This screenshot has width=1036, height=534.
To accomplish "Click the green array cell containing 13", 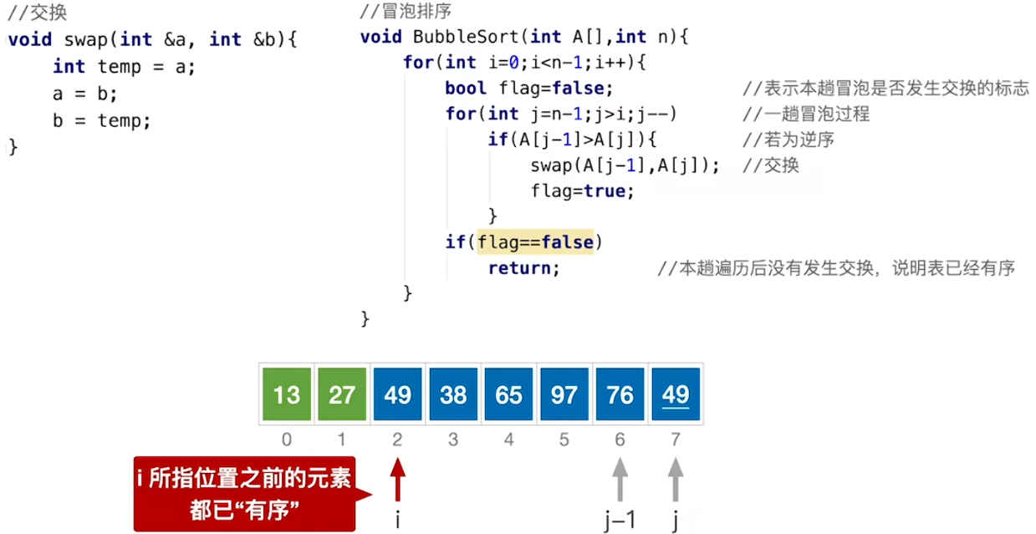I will pyautogui.click(x=286, y=394).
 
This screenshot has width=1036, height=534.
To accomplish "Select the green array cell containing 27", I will pyautogui.click(x=342, y=394).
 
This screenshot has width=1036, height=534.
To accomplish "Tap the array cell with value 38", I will pyautogui.click(x=453, y=394).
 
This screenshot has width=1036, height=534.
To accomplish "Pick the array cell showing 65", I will pyautogui.click(x=508, y=394).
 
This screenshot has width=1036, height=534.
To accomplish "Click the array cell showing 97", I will pyautogui.click(x=564, y=394).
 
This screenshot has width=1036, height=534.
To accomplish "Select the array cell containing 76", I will pyautogui.click(x=620, y=394).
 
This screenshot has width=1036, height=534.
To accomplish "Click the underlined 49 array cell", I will pyautogui.click(x=676, y=394).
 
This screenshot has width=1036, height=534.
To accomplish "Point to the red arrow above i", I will pyautogui.click(x=397, y=480).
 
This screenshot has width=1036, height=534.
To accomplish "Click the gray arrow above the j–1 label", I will pyautogui.click(x=620, y=480).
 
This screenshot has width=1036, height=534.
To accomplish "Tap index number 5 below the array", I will pyautogui.click(x=564, y=440).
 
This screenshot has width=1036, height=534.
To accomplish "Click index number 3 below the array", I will pyautogui.click(x=453, y=440).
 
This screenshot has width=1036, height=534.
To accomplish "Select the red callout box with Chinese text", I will pyautogui.click(x=244, y=494).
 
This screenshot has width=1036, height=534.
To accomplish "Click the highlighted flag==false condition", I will pyautogui.click(x=535, y=242).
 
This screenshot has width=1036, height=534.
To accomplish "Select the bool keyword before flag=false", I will pyautogui.click(x=466, y=89).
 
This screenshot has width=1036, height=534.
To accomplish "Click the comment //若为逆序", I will pyautogui.click(x=788, y=140).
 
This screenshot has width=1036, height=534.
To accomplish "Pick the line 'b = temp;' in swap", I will pyautogui.click(x=101, y=120).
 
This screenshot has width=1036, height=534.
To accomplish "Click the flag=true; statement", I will pyautogui.click(x=582, y=191).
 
